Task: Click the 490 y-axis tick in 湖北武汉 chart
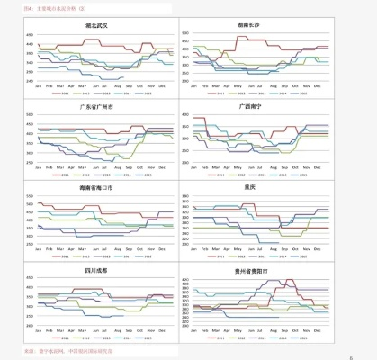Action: (x=29, y=38)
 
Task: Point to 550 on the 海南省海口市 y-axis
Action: (x=29, y=197)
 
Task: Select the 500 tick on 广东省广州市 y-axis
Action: (x=29, y=115)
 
